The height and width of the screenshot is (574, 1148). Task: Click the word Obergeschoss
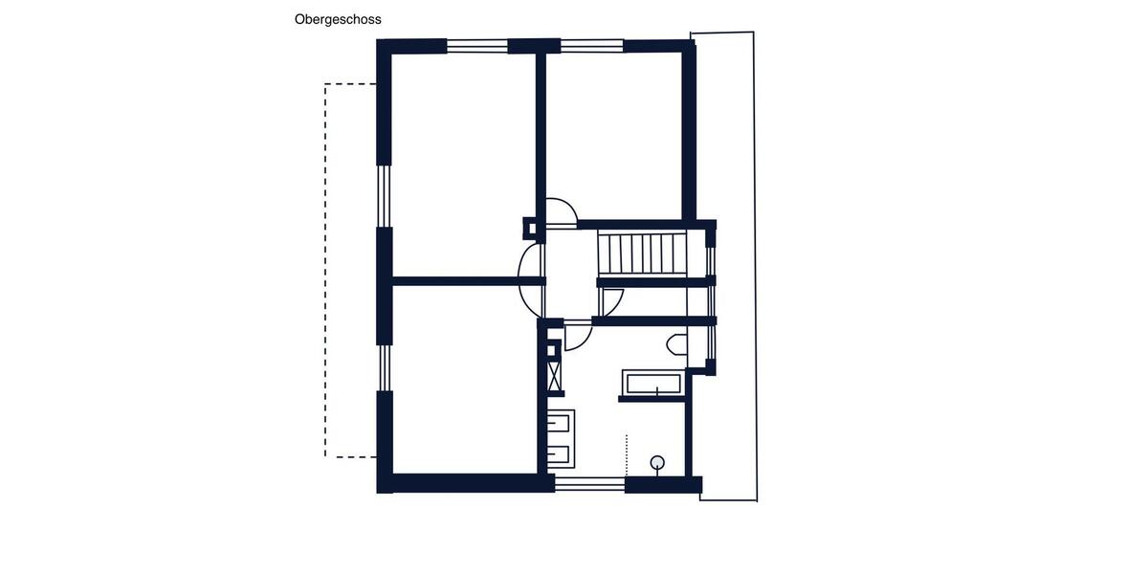coord(338,19)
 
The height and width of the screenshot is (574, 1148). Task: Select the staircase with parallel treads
coord(642,254)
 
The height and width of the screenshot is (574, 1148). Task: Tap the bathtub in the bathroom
coord(651,384)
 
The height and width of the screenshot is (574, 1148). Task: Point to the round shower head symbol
coord(657,463)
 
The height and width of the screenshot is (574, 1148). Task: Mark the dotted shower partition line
coord(626,455)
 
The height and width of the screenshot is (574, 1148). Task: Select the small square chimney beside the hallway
coord(530,228)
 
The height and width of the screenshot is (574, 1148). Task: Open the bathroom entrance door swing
coord(578,338)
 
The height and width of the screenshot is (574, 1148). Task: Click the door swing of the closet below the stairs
coord(611,301)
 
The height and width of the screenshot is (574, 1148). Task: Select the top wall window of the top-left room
coord(476,45)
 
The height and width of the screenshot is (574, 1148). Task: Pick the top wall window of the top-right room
coord(591,45)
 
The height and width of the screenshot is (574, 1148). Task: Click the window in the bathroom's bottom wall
coord(589,484)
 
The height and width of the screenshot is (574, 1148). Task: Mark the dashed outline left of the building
coord(326,268)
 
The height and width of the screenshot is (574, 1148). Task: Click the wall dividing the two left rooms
coord(464,281)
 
